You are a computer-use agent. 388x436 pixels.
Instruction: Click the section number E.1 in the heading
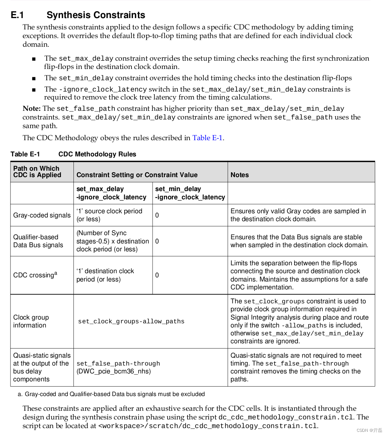[x=17, y=15]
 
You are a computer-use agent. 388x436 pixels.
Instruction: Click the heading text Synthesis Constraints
[x=96, y=15]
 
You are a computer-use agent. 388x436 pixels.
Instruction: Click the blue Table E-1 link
[x=207, y=138]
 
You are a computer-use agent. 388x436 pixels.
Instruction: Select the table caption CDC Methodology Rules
[x=97, y=154]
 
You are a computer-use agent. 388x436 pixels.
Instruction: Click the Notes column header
[x=240, y=175]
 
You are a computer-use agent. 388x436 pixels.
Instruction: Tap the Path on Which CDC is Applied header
[x=37, y=171]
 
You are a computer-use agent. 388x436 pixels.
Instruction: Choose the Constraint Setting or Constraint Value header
[x=137, y=175]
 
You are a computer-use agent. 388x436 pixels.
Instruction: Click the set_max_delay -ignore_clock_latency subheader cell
[x=111, y=193]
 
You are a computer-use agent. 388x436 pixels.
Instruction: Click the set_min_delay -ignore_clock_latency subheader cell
[x=190, y=193]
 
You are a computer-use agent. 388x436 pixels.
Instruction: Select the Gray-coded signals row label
[x=42, y=215]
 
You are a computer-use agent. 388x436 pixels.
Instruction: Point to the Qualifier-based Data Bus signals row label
[x=38, y=241]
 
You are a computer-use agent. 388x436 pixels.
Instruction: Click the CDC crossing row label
[x=35, y=275]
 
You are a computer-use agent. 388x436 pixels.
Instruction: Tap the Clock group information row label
[x=31, y=321]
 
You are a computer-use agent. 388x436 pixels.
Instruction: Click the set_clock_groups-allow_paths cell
[x=131, y=321]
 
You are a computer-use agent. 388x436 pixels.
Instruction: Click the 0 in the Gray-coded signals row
[x=157, y=215]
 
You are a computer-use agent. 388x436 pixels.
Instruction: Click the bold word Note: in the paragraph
[x=32, y=109]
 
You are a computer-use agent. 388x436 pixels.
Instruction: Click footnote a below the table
[x=111, y=394]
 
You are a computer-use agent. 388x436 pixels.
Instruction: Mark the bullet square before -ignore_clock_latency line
[x=34, y=90]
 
